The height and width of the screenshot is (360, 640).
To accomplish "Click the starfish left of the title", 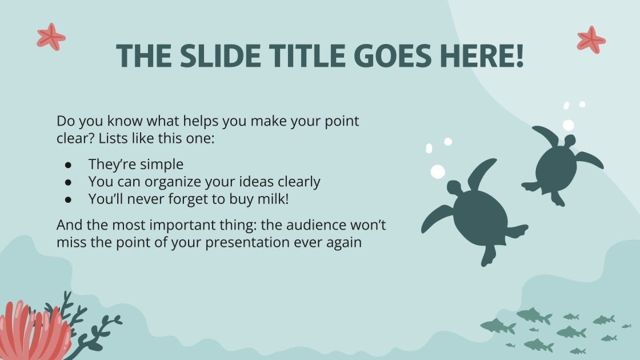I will coord(51,37).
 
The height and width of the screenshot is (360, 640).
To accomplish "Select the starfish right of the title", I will coord(591,39).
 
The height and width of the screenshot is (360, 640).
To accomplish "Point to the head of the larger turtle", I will coord(454,188).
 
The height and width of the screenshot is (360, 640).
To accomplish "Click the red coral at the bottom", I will coord(31,332).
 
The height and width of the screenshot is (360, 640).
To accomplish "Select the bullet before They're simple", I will coord(69,165).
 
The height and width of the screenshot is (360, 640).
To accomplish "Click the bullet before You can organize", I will coord(69,182).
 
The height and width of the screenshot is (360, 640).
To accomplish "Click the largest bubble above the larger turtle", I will coord(438,171).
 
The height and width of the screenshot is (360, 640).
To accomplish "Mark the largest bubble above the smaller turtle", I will coord(568,125).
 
